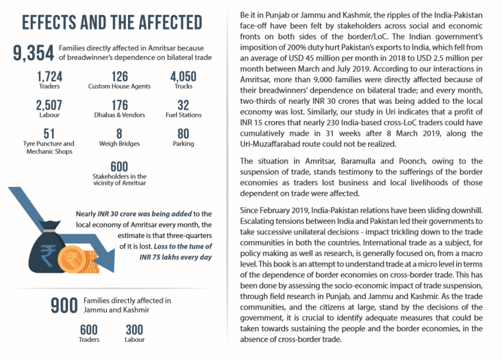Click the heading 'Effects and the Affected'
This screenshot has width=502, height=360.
112,23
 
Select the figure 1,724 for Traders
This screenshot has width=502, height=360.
49,76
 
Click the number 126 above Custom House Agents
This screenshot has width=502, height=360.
119,76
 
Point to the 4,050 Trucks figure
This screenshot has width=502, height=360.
183,76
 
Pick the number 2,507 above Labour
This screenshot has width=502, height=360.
49,105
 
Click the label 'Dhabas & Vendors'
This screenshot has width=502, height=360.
119,115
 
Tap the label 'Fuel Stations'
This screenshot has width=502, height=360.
183,115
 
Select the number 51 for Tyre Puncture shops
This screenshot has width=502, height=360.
49,133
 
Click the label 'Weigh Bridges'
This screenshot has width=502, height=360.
119,144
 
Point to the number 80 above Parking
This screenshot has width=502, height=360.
183,134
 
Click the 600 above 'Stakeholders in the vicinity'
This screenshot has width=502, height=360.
119,166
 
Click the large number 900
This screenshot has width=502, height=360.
64,305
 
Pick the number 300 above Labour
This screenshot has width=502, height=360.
134,329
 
